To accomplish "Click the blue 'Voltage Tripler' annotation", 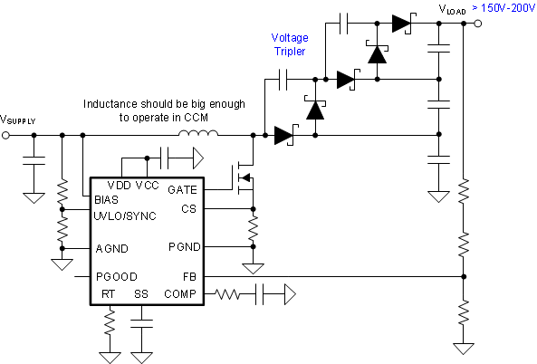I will point(292,45).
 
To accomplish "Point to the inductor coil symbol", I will point(197,135).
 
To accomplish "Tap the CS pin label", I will point(188,208).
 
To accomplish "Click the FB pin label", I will point(188,277).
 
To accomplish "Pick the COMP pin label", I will point(180,294).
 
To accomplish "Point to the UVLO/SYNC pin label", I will point(123,216).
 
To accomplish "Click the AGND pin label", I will point(111,248).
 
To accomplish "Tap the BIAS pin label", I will point(107,199).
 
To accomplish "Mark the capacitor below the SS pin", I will point(142,321).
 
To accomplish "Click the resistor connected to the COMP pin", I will point(229,293).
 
